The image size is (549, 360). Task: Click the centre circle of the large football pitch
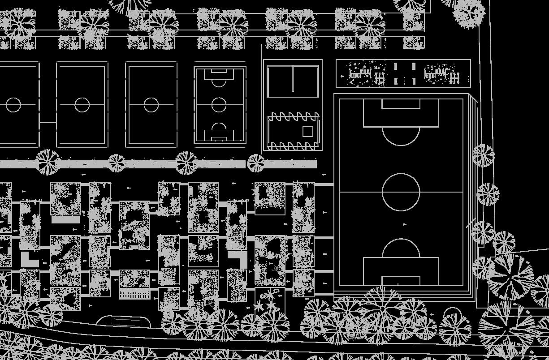coord(401,192)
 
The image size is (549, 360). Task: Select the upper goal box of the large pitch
coord(401,104)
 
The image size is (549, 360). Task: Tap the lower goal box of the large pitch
coord(401,281)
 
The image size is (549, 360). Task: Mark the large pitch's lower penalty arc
coord(401,247)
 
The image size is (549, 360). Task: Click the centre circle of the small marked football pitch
coord(219,105)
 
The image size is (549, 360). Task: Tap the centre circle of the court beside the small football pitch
coord(151,105)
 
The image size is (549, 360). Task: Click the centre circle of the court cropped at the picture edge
coord(13,105)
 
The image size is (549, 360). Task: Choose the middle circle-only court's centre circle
coord(82,105)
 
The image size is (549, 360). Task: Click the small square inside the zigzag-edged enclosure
coord(307,131)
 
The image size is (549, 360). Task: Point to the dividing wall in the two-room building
coord(292,78)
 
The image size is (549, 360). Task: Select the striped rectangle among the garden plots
coord(134,294)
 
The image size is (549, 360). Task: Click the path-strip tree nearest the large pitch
coord(255,163)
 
